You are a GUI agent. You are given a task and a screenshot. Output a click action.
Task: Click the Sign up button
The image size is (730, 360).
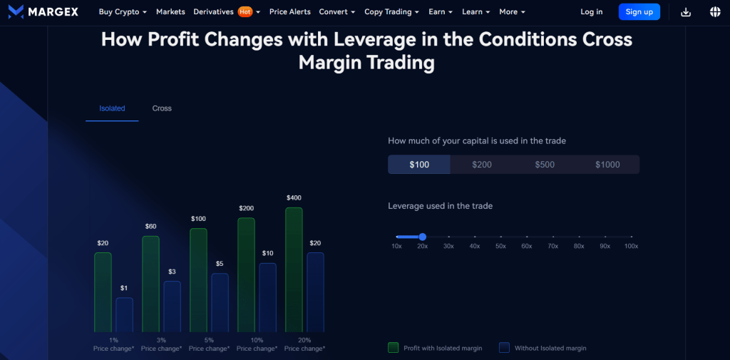(639, 12)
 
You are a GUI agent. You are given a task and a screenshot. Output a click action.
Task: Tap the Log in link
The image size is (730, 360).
(591, 12)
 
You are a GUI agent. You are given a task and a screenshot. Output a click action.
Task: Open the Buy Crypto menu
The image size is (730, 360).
(123, 12)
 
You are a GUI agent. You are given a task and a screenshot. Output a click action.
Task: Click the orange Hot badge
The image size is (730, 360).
(245, 12)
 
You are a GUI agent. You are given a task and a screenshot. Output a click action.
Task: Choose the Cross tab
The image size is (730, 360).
(162, 108)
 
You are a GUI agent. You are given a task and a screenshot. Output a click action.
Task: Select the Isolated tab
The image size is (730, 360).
(112, 108)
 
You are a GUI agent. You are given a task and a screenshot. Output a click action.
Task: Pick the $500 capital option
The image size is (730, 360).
(545, 165)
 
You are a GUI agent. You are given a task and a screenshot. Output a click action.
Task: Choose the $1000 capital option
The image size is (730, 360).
(607, 165)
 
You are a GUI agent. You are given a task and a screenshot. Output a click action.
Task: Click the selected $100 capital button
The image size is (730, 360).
(419, 165)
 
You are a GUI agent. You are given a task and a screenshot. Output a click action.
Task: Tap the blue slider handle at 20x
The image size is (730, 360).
(423, 237)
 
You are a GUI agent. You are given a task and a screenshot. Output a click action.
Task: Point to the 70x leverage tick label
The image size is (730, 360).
(552, 246)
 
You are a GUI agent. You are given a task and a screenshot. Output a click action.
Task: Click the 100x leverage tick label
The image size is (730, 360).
(631, 246)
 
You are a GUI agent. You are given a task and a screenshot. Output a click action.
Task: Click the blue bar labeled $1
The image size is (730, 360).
(124, 314)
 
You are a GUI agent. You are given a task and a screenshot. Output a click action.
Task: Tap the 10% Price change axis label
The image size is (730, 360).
(257, 344)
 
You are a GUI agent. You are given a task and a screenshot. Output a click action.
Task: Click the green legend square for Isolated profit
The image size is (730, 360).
(393, 348)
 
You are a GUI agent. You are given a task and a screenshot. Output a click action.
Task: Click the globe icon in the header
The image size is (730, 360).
(715, 12)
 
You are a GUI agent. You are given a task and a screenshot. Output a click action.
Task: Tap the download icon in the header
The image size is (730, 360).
(686, 12)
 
